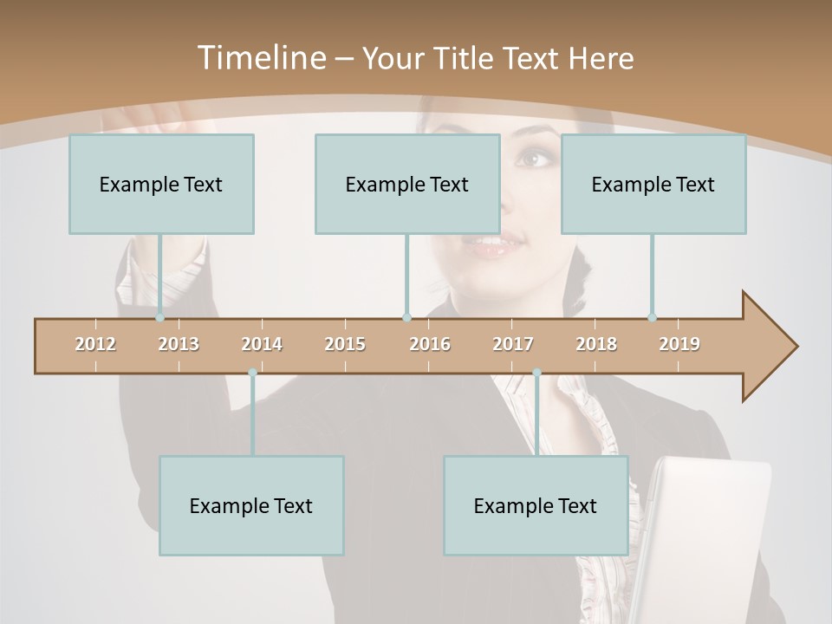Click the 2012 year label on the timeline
[95, 344]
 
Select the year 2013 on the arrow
[179, 344]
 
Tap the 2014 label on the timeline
[262, 344]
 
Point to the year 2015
[345, 344]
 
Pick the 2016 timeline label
[430, 344]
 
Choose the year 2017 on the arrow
[513, 344]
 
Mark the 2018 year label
[596, 344]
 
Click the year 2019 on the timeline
[679, 344]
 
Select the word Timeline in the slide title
[260, 58]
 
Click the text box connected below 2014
[251, 505]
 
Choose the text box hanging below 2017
[536, 505]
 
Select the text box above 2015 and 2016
[407, 184]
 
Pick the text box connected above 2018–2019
[653, 184]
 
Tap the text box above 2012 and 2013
[161, 184]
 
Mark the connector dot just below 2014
[252, 373]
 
